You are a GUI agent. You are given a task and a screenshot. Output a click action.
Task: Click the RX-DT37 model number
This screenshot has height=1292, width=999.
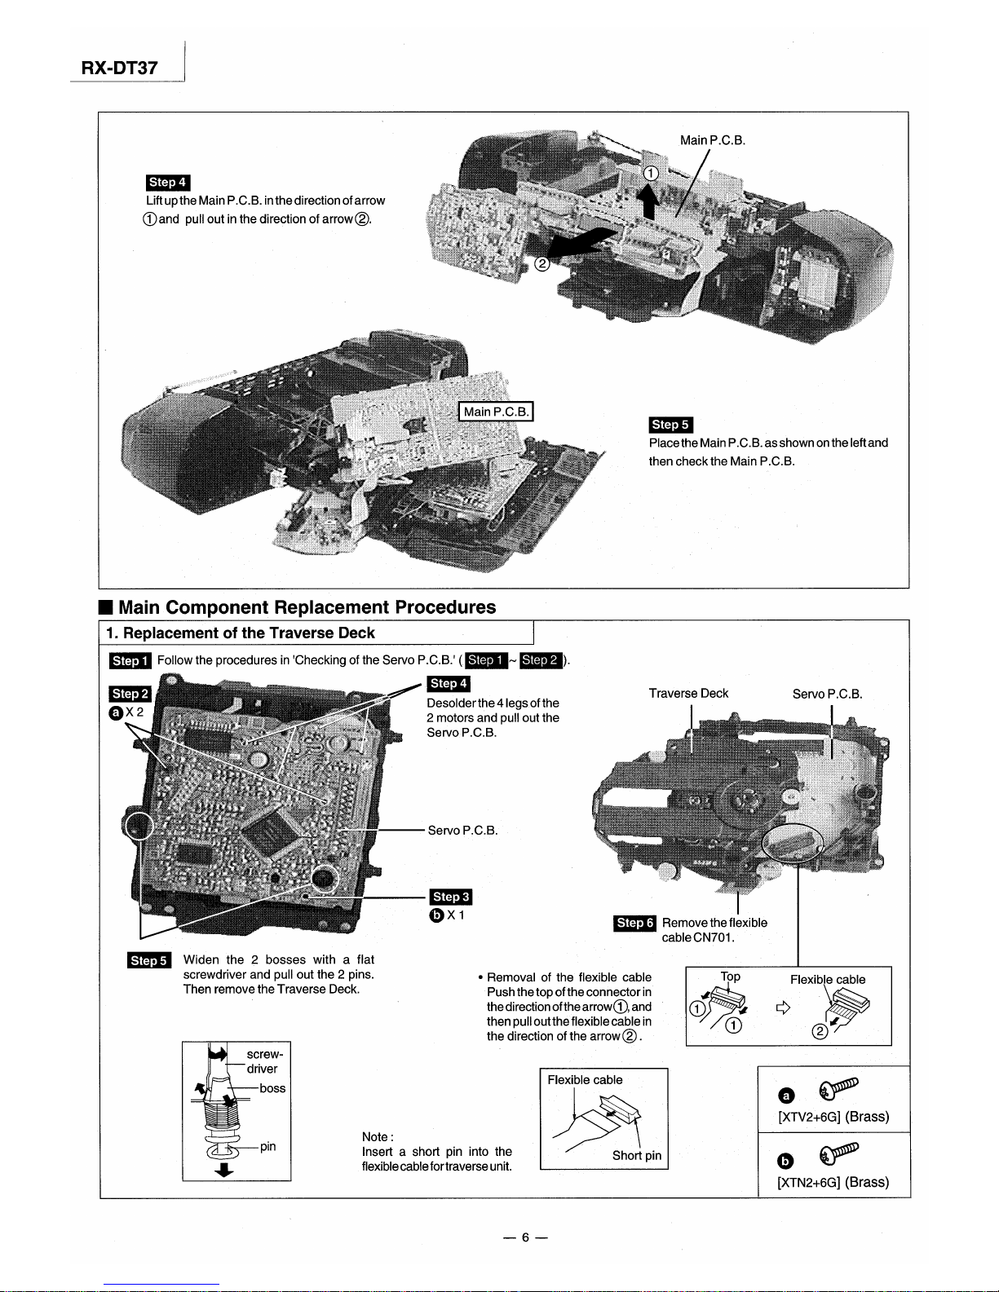point(119,68)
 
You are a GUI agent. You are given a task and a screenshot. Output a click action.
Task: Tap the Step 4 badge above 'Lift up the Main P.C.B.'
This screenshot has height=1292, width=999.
point(168,183)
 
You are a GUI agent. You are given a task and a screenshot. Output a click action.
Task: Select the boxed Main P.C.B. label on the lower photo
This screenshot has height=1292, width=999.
point(497,412)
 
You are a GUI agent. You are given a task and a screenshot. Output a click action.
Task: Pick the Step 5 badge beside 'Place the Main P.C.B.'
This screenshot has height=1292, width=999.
point(670,425)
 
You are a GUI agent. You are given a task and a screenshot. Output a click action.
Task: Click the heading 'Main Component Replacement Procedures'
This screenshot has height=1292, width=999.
point(307,607)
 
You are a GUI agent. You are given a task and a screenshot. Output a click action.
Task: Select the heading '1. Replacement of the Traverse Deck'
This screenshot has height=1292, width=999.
point(241,633)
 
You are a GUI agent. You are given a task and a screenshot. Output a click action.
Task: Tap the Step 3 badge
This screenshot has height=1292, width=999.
point(451,897)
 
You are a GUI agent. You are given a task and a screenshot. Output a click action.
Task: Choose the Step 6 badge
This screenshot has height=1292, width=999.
point(635,923)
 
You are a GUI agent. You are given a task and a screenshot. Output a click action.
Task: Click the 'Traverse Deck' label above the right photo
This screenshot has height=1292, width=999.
point(688,694)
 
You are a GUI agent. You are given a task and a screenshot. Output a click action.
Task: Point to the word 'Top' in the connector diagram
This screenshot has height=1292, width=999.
point(731,977)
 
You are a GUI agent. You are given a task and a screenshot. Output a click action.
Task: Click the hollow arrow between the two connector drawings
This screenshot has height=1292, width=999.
point(783,1009)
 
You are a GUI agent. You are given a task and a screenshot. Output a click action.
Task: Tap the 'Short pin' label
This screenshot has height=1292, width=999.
point(637,1155)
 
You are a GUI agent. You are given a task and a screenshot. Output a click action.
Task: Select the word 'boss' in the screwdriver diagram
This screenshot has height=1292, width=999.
point(272,1088)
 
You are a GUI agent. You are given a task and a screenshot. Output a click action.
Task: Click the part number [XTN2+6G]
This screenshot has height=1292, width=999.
point(810,1183)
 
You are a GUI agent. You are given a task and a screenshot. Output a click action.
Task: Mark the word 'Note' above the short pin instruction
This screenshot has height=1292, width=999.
point(376,1137)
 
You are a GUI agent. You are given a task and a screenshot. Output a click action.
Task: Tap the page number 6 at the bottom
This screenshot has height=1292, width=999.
point(526,1237)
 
